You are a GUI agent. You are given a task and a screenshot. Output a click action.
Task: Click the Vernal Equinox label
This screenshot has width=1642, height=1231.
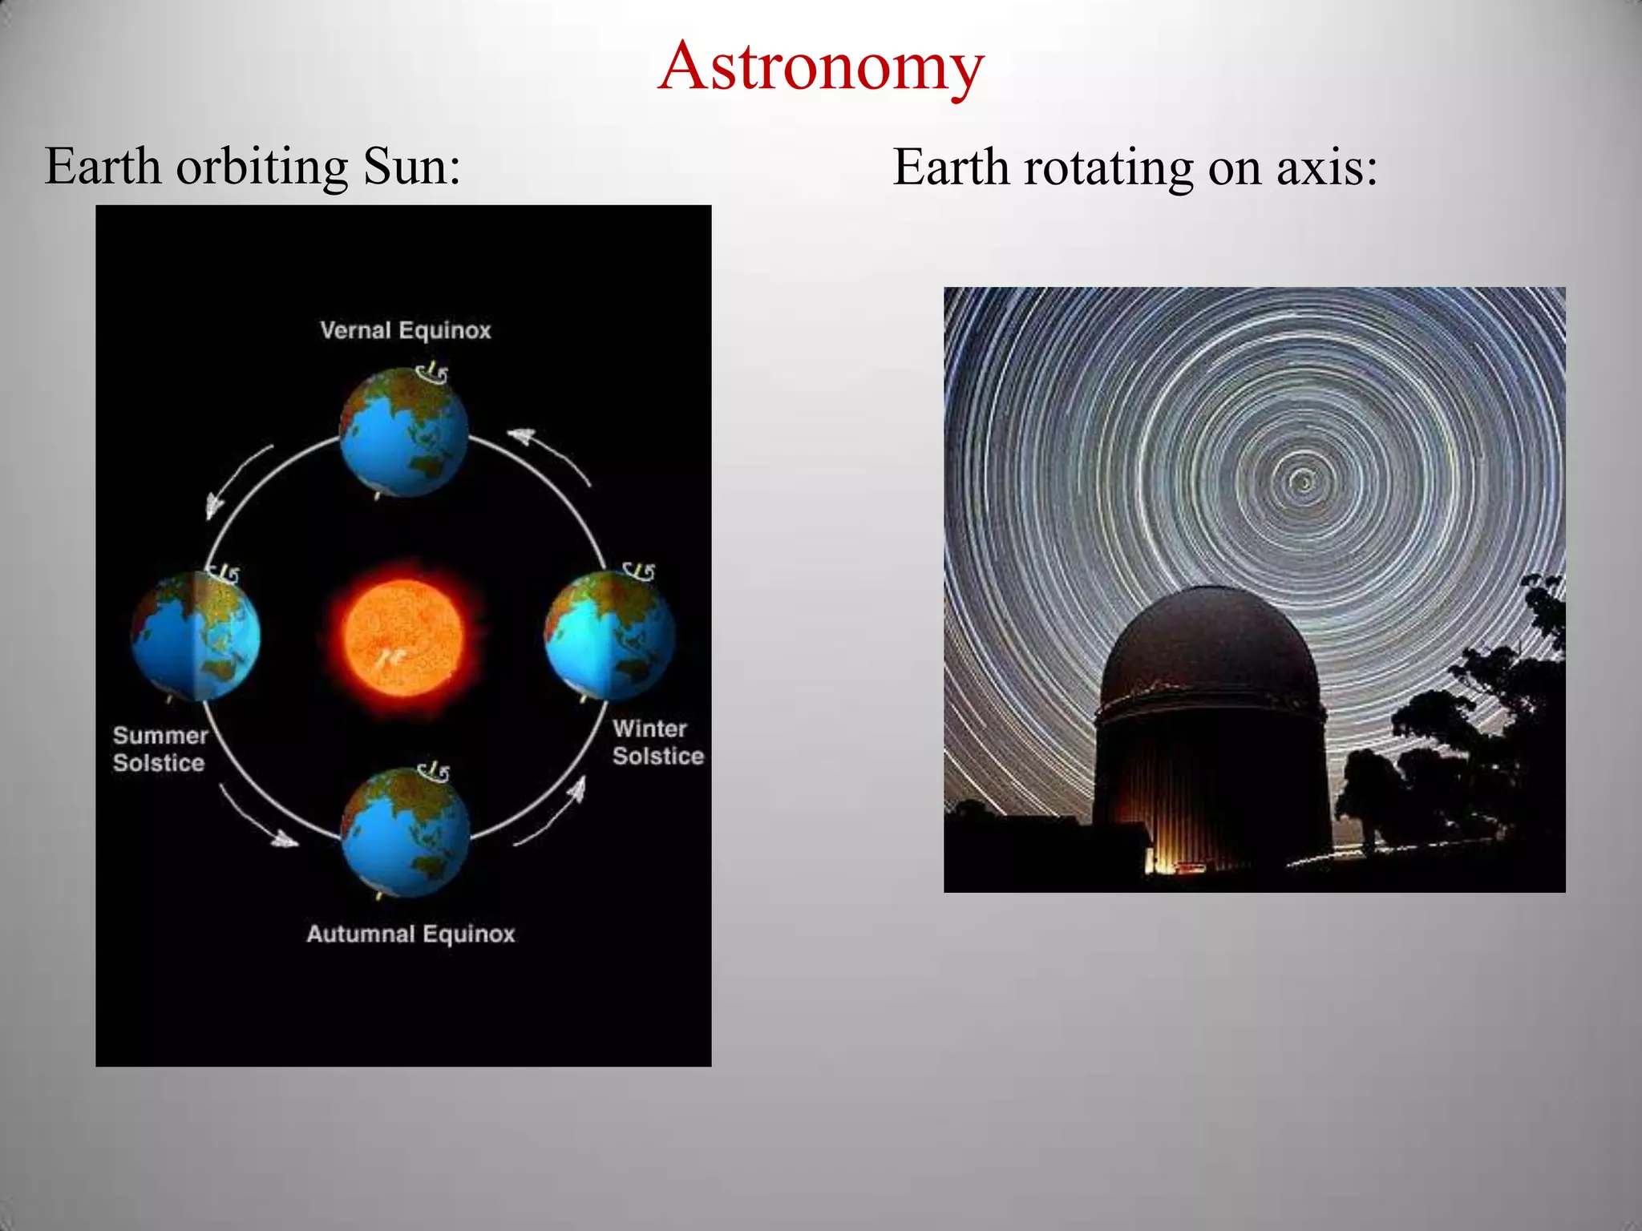coord(405,330)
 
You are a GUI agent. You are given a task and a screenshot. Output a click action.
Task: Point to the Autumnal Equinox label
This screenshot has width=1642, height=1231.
coord(410,934)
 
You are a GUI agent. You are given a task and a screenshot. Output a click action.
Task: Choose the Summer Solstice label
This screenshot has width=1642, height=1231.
coord(160,749)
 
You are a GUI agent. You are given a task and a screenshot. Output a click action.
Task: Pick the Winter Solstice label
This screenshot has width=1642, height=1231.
coord(657,742)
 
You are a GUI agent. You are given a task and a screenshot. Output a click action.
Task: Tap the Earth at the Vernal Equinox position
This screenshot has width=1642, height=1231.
coord(403,433)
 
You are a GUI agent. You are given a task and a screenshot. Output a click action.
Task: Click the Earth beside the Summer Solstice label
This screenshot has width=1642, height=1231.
coord(196,636)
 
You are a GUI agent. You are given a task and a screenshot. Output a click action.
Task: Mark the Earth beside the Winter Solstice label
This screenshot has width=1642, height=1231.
coord(609,636)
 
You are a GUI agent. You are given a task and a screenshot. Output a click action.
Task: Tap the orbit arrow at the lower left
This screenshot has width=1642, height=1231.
coord(257,817)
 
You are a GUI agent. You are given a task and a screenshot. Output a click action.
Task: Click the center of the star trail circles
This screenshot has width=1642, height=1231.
coord(1303,482)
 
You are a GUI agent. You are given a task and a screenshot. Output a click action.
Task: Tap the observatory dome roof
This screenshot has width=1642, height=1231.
coord(1211,641)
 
